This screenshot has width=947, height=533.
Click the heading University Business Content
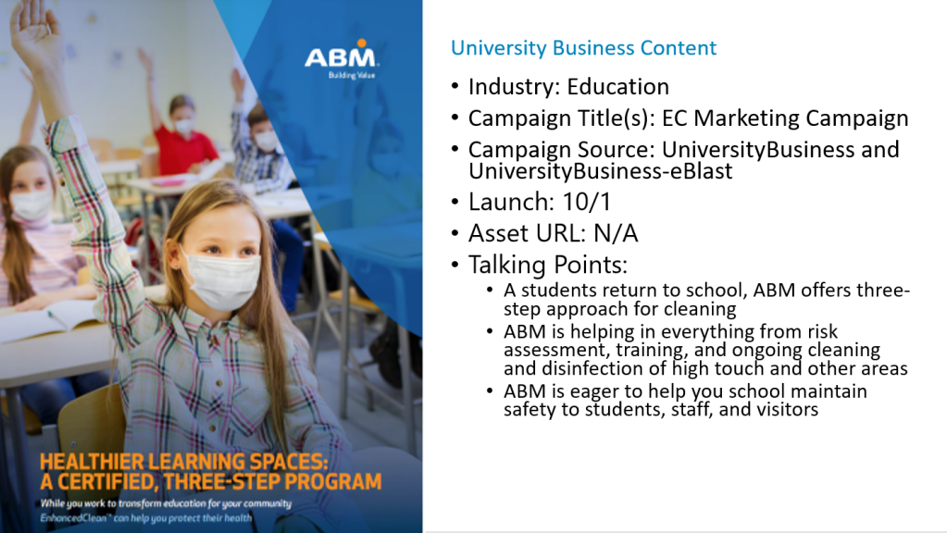(583, 48)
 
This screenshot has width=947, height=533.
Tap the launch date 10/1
(587, 202)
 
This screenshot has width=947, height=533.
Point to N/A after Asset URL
(616, 233)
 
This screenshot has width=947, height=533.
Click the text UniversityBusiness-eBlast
(601, 171)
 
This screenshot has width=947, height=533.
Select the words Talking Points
(548, 265)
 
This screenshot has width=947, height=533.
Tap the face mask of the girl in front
(222, 280)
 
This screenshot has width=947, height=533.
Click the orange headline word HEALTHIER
(93, 462)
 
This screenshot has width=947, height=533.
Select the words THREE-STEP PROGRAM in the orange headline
(272, 482)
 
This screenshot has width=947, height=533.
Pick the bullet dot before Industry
(455, 86)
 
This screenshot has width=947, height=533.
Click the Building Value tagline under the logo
(352, 76)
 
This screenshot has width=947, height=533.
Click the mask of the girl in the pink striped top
(31, 204)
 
